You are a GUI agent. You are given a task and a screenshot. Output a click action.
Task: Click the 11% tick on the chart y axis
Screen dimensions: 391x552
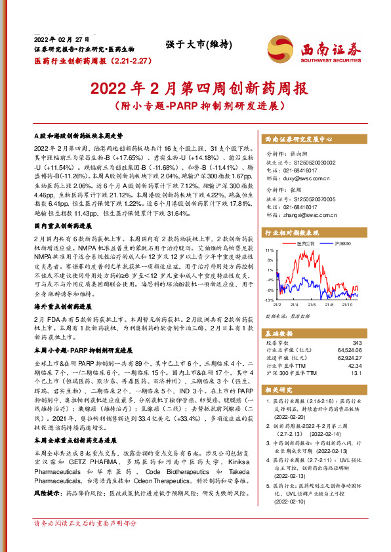268,250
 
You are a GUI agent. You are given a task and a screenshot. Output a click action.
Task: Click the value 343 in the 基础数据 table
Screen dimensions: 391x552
357,342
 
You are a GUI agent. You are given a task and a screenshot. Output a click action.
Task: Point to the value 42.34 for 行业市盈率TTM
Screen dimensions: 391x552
355,366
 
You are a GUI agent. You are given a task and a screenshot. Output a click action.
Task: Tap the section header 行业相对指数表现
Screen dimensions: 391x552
292,232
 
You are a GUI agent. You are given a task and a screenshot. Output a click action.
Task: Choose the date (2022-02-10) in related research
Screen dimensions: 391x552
291,500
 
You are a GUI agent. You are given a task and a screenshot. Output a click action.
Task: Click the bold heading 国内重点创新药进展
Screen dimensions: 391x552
62,207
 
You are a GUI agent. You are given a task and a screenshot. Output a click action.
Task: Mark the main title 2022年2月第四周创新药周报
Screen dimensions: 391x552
195,87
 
